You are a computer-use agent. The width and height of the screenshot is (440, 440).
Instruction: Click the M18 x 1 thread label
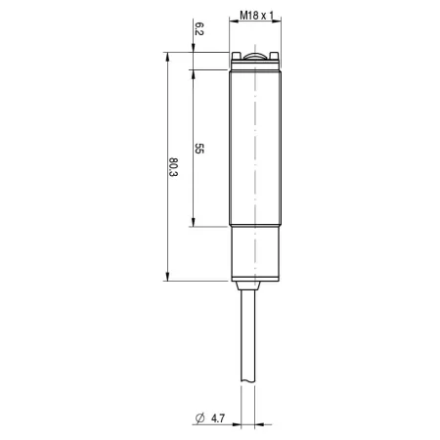click(257, 15)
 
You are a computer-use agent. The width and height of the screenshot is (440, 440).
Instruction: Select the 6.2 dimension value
click(198, 28)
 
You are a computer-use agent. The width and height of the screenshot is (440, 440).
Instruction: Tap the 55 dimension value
click(198, 149)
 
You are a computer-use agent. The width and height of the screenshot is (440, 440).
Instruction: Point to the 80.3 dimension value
click(173, 167)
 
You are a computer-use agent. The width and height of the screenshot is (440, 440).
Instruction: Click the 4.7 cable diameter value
click(218, 418)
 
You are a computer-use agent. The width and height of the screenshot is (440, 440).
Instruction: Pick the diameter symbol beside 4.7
click(199, 418)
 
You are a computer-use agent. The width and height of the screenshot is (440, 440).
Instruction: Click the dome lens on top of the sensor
click(255, 57)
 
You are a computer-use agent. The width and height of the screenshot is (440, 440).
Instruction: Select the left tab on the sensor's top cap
click(236, 56)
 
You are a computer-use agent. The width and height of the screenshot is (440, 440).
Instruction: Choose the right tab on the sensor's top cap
click(275, 56)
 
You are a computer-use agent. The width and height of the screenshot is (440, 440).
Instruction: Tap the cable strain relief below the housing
click(247, 286)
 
